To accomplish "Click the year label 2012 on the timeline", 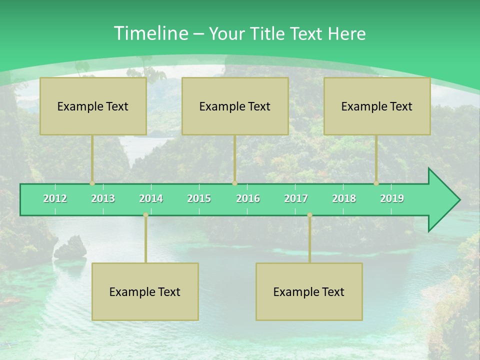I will [55, 198].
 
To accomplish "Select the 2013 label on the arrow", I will [103, 198].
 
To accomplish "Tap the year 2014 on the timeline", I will [151, 198].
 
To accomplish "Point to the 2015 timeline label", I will [199, 198].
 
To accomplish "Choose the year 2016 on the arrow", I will [248, 198].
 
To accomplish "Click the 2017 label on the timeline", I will [296, 198].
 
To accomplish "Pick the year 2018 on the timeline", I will [344, 198].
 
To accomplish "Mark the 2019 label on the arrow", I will [392, 198].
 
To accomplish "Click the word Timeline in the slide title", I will [150, 33].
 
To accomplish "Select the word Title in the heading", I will [267, 33].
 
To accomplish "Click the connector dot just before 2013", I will [92, 183].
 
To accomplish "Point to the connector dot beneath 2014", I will [145, 215].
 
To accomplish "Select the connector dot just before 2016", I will [234, 183].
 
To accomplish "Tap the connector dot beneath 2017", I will [309, 215].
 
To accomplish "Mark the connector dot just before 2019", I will [376, 183].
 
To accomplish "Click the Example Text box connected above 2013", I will [93, 106].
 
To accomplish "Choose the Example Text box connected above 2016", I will [235, 106].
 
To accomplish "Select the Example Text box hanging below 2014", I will [145, 291].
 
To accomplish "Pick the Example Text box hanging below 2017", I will [309, 291].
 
